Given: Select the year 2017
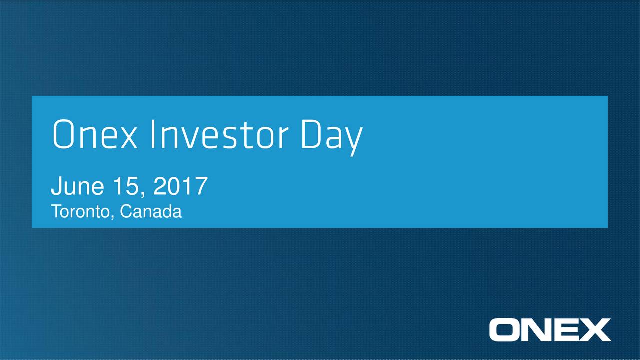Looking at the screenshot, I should [x=180, y=187].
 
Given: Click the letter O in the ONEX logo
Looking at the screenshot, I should [x=504, y=330].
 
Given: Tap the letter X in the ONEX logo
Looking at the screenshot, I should [x=595, y=330].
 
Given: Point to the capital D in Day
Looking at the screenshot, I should [x=311, y=135].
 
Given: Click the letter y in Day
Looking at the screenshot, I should [x=353, y=140].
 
